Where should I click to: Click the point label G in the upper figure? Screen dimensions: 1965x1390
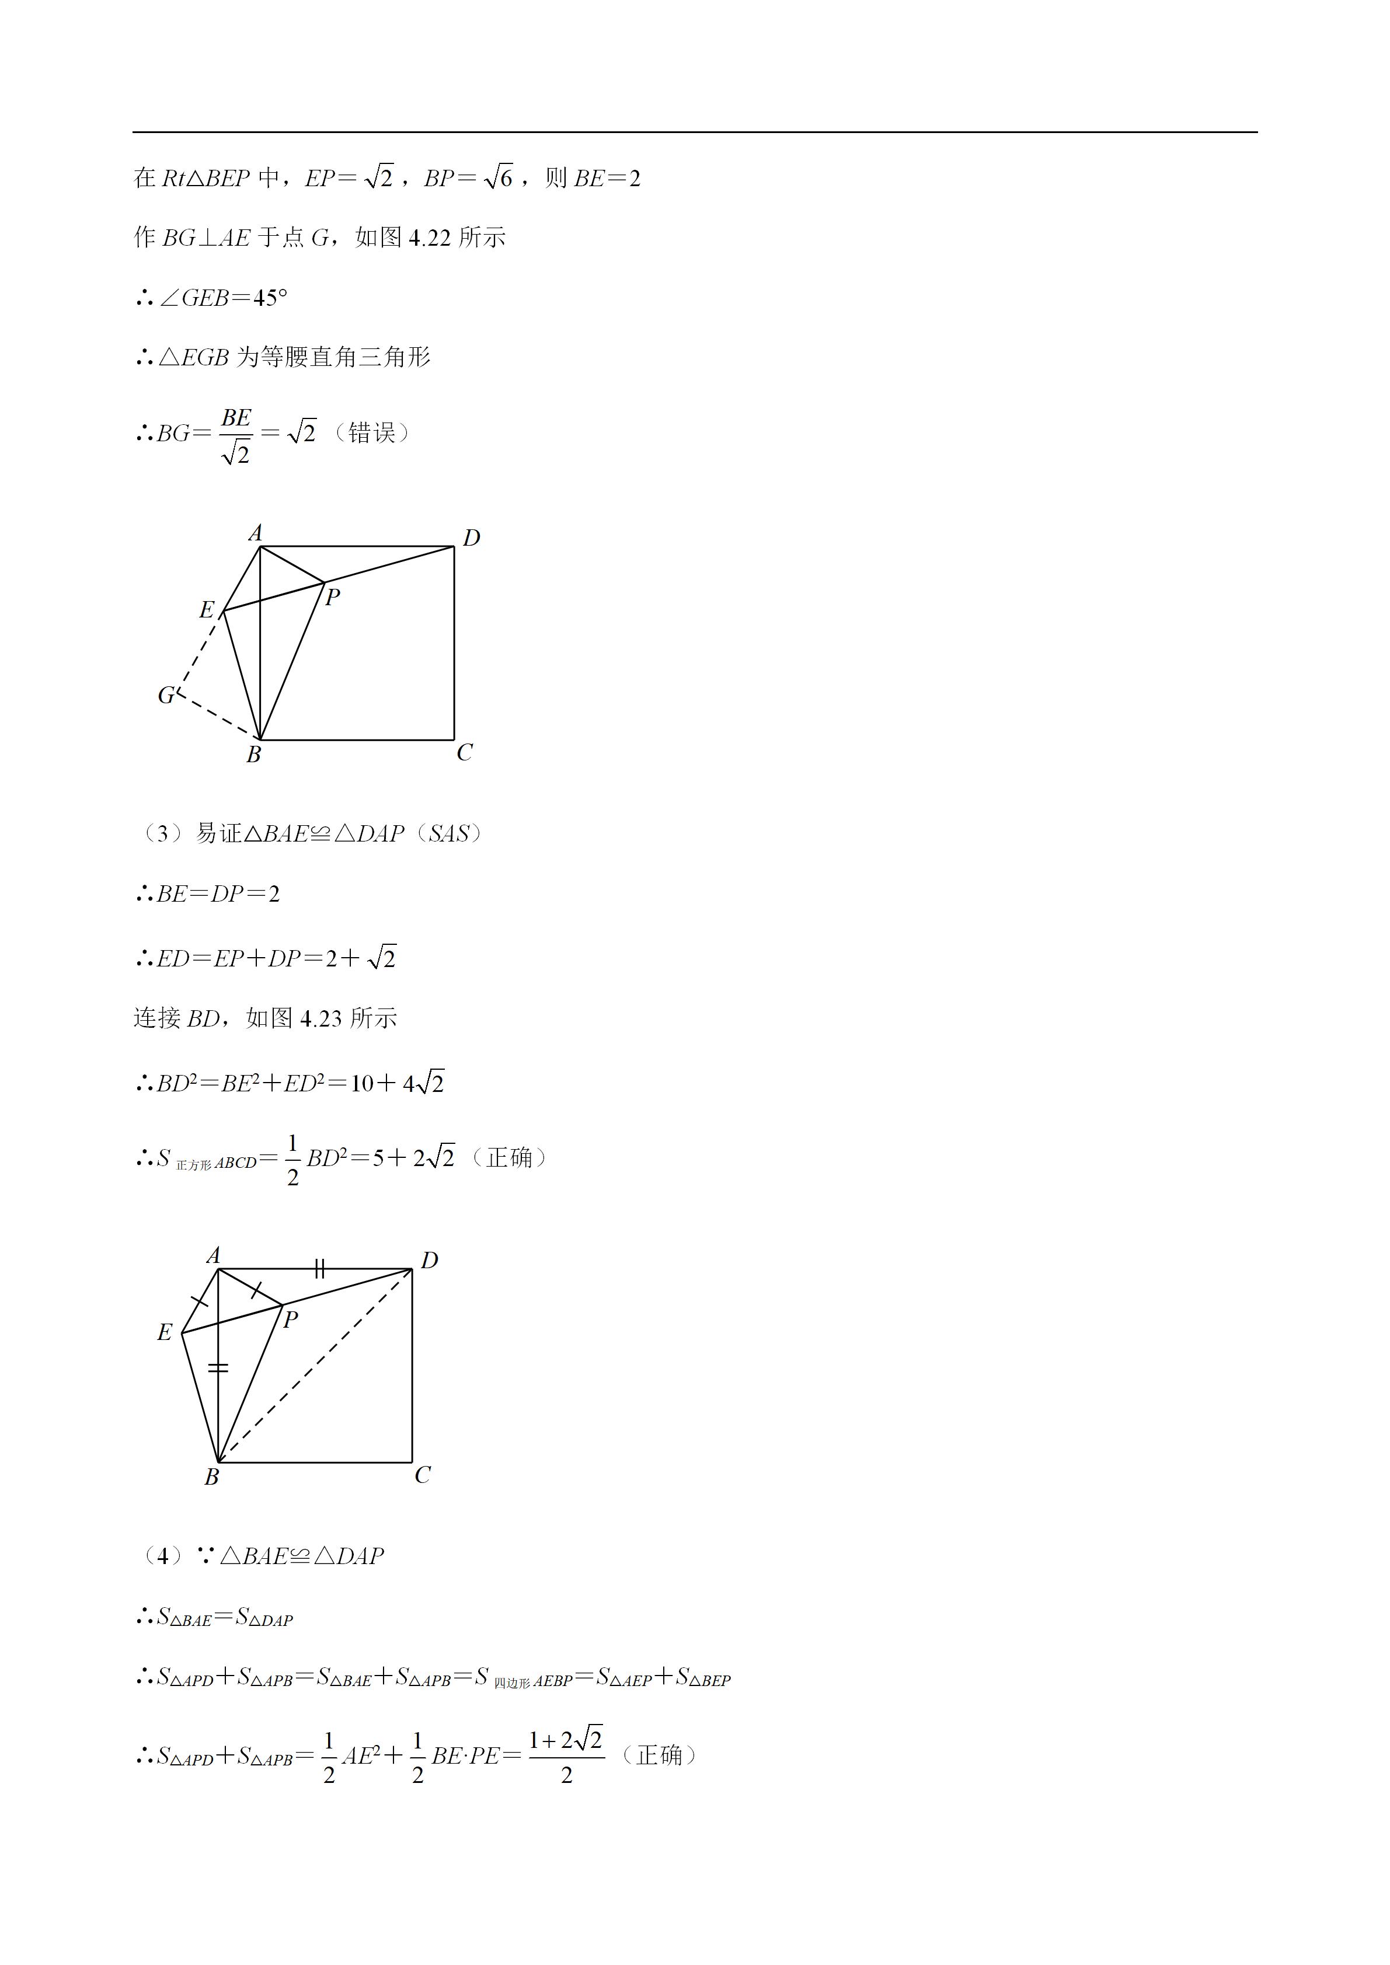point(166,696)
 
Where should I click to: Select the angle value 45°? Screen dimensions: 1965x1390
point(270,298)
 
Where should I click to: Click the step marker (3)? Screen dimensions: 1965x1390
point(163,833)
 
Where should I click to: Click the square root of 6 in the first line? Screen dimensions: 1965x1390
point(498,178)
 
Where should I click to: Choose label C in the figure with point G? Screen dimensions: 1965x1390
point(465,753)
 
